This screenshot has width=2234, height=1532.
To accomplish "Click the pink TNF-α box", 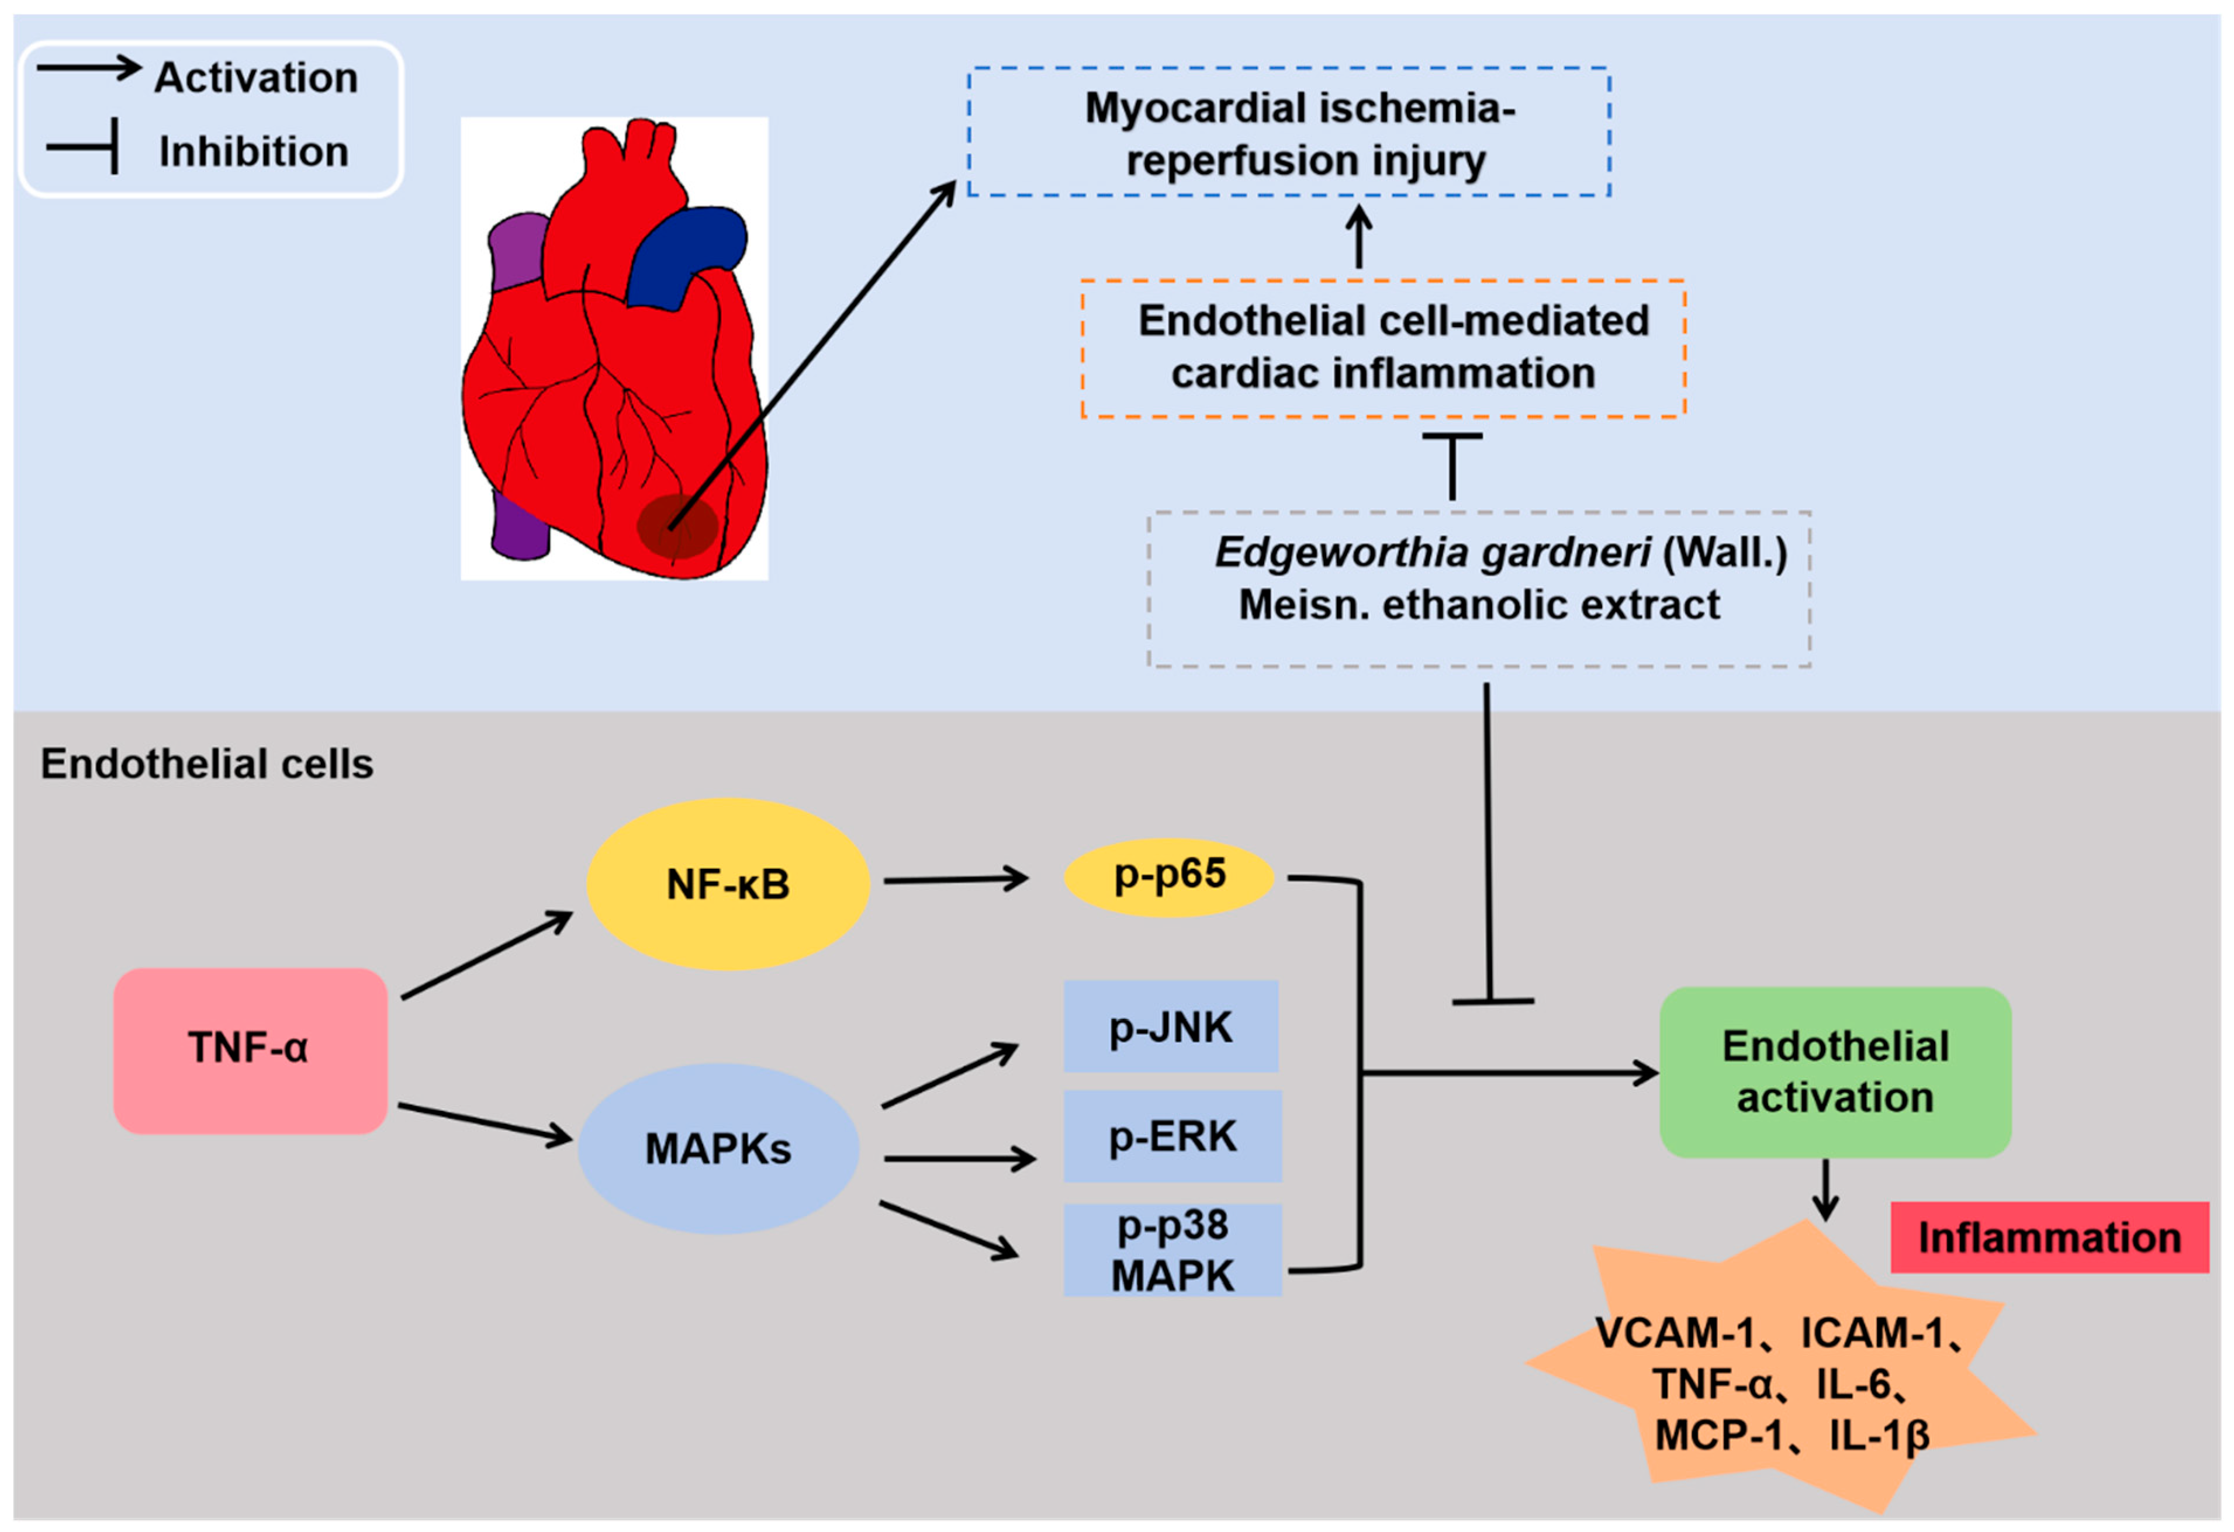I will [250, 1051].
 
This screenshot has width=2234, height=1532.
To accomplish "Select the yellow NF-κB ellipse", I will [728, 883].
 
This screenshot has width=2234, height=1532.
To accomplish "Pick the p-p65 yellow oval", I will [1169, 876].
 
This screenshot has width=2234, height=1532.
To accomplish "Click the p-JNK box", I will [1170, 1027].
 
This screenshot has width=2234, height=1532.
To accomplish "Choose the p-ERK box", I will [1172, 1135].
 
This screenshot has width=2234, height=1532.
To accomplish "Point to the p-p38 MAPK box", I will [1172, 1249].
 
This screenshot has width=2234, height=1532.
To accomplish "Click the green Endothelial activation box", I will [1834, 1072].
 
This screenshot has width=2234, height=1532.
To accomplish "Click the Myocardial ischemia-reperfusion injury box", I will [1288, 133].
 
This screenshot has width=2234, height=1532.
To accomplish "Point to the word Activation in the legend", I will [255, 78].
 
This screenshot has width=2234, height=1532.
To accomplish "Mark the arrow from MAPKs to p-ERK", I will [959, 1158].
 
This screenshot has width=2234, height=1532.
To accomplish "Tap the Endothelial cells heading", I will [207, 764].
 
